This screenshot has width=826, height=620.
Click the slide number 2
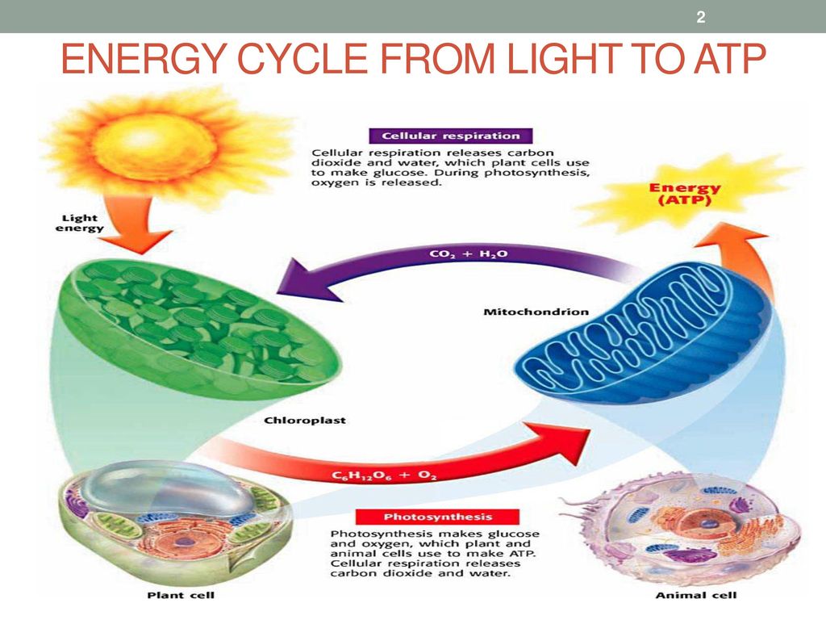click(700, 17)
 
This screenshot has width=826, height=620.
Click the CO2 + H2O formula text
click(461, 254)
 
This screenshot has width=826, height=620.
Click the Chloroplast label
click(293, 421)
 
